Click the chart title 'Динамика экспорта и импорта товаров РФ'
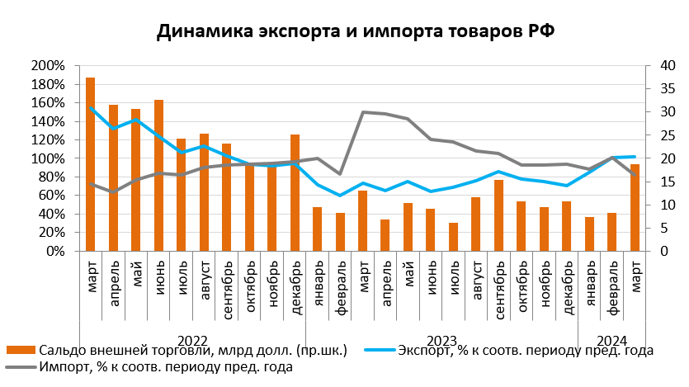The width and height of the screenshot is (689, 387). [x=344, y=31]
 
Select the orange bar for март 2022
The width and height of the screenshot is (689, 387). [x=90, y=165]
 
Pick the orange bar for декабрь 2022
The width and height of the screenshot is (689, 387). [x=295, y=193]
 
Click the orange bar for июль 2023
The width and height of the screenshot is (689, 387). [x=454, y=238]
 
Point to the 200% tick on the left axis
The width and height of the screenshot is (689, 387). [x=48, y=66]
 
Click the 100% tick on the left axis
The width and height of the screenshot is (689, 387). [x=48, y=158]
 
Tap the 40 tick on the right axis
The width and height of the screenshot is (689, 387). [x=659, y=66]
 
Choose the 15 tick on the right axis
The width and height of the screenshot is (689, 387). [x=659, y=182]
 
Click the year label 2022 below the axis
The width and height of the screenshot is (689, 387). [x=192, y=340]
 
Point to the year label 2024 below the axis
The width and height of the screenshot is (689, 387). [x=611, y=340]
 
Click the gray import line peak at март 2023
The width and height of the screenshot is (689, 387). [x=363, y=111]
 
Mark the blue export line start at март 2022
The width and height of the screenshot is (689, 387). [x=90, y=107]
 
